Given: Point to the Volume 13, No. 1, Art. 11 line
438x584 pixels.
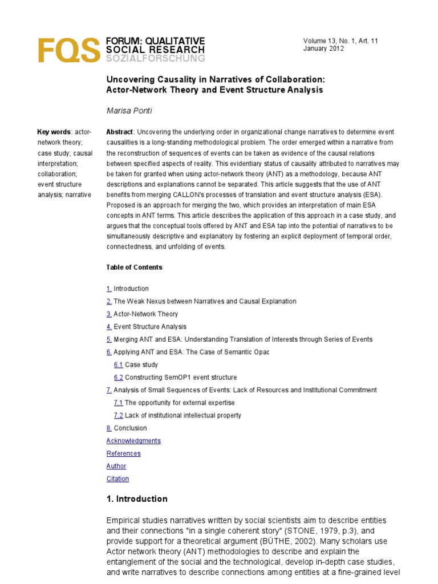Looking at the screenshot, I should pyautogui.click(x=340, y=40).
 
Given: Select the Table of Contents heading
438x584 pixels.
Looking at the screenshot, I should pyautogui.click(x=134, y=267).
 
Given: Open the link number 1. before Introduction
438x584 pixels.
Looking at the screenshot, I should pyautogui.click(x=109, y=289).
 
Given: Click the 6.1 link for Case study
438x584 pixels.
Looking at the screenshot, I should pyautogui.click(x=119, y=364).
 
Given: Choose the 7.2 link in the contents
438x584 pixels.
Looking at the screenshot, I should pyautogui.click(x=119, y=415).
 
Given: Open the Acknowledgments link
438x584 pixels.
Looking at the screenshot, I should pyautogui.click(x=133, y=441).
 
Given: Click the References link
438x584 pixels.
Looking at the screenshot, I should pyautogui.click(x=123, y=453).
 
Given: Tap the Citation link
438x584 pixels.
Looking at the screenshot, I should pyautogui.click(x=117, y=478).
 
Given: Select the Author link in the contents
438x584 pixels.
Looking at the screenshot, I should pyautogui.click(x=116, y=466).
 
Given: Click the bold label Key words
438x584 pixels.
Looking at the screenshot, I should pyautogui.click(x=54, y=132).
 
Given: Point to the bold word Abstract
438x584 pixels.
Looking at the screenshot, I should pyautogui.click(x=119, y=132).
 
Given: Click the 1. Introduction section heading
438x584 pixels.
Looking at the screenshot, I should pyautogui.click(x=137, y=499).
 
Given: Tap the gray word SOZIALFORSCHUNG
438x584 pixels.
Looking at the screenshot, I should pyautogui.click(x=155, y=58).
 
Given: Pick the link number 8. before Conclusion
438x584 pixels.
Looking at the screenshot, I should pyautogui.click(x=109, y=428).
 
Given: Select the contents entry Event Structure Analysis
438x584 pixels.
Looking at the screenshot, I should pyautogui.click(x=150, y=327).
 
